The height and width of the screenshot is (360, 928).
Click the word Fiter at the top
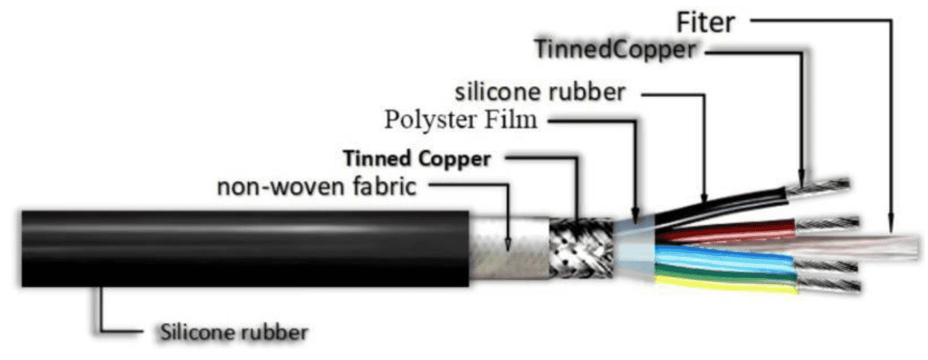(x=705, y=23)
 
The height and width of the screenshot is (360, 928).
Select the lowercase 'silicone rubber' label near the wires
(x=539, y=92)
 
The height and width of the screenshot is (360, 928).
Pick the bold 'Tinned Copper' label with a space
(x=417, y=159)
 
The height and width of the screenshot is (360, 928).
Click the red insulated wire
(x=724, y=230)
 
